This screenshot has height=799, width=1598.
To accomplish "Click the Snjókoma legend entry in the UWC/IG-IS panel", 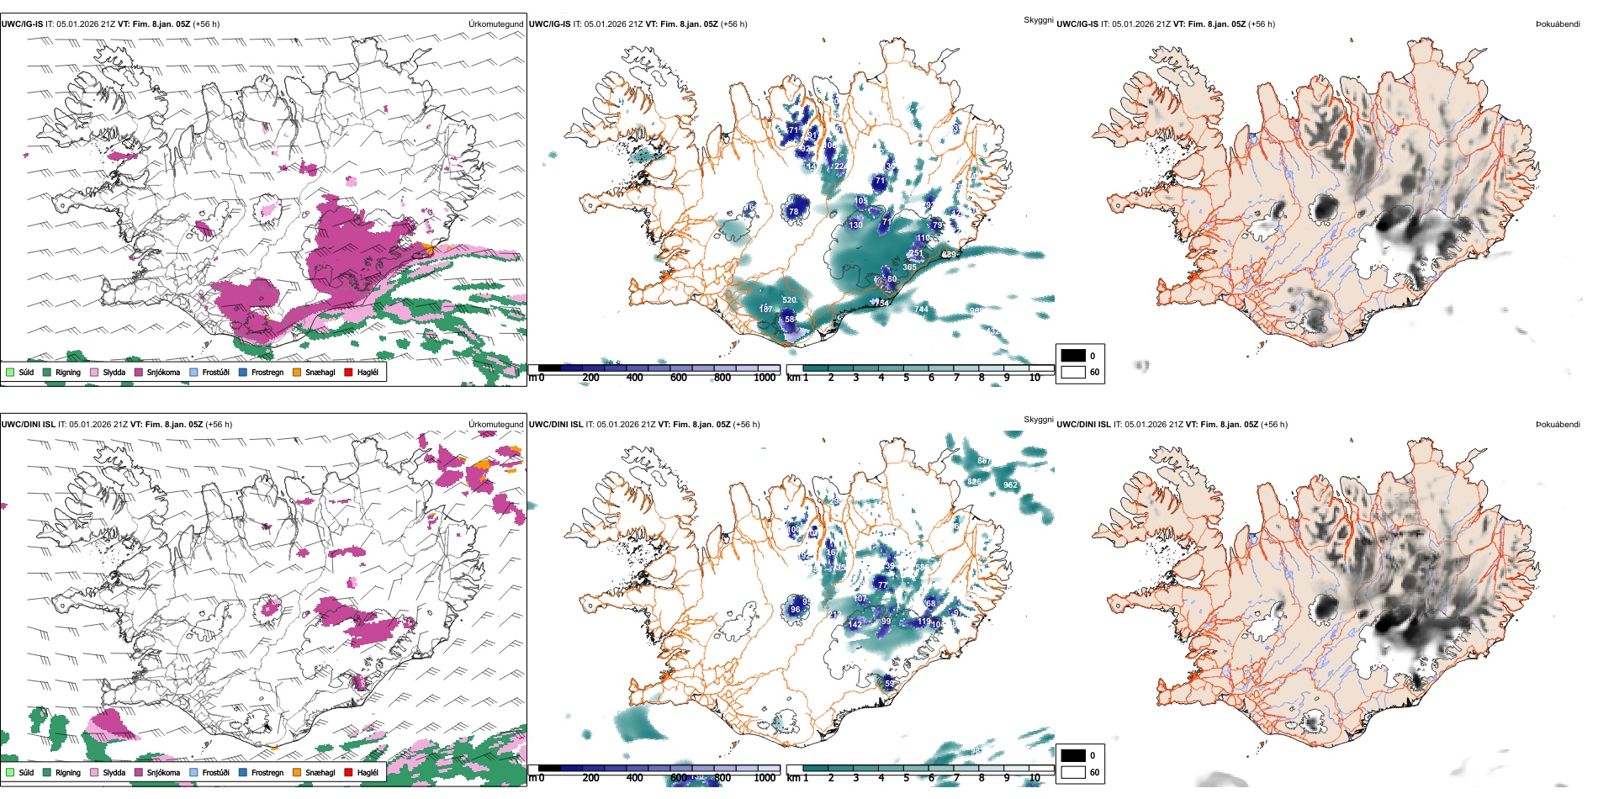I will (163, 372).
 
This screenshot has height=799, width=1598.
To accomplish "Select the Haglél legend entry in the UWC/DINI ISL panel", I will (368, 772).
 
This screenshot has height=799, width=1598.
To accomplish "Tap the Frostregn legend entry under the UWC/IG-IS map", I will (267, 372).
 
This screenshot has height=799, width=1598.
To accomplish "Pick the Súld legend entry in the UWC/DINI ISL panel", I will (26, 772).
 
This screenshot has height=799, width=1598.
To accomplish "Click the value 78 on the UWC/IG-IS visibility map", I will (793, 211).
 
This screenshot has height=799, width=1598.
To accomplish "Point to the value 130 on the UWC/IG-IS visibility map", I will (855, 225).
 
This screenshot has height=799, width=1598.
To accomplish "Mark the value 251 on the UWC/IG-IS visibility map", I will (916, 252).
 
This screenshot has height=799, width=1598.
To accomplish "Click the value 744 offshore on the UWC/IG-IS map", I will (921, 309).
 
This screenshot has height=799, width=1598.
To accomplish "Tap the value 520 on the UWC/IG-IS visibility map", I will (789, 299).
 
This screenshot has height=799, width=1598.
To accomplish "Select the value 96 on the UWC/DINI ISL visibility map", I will (795, 610).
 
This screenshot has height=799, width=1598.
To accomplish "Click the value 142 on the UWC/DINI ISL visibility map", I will (855, 624).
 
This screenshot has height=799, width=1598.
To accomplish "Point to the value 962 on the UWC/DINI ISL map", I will (1010, 484).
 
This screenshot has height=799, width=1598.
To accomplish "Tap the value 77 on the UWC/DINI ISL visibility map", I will (882, 584).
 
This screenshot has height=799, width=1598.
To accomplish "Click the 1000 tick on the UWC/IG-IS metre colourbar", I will (765, 378).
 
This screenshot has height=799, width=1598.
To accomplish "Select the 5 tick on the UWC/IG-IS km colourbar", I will (906, 378).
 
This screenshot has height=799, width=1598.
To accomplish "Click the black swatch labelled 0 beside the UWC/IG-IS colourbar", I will (1073, 356).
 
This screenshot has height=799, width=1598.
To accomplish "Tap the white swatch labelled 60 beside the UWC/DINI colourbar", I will (1073, 772).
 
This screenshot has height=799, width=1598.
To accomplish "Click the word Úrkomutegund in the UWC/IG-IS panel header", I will (495, 24).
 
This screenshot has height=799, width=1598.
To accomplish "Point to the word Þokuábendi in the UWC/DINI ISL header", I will (1558, 424).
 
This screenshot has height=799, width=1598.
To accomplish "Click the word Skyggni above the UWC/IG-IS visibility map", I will (1038, 19).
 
